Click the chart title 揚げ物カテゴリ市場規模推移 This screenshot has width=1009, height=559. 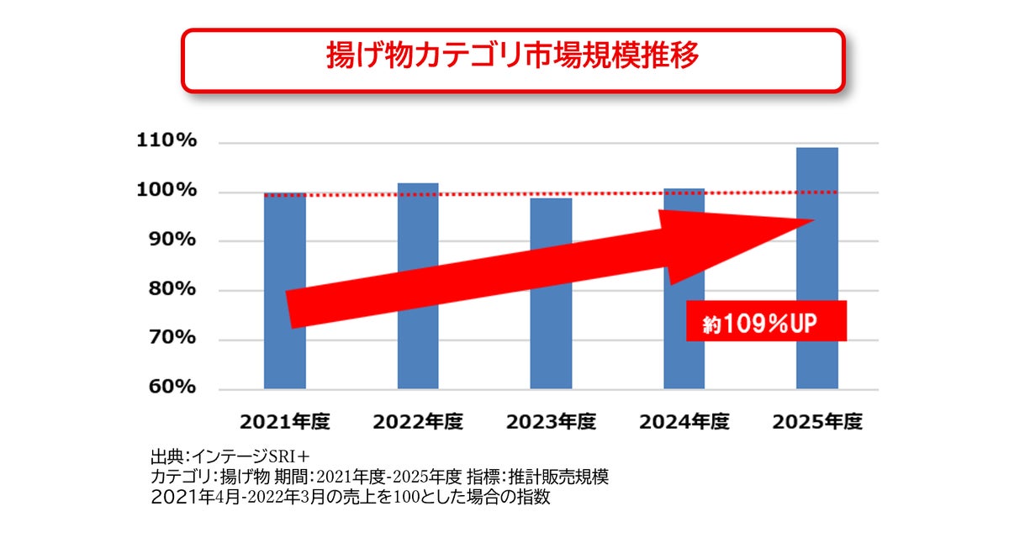512,55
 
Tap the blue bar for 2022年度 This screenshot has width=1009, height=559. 418,286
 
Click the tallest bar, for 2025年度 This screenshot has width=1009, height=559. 817,268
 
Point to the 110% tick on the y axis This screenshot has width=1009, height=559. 166,140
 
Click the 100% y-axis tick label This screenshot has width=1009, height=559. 166,190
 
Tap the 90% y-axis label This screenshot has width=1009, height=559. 172,239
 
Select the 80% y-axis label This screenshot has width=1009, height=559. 172,288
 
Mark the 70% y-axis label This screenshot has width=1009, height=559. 172,337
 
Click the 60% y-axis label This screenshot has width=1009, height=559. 172,387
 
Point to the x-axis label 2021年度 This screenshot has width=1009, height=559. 285,422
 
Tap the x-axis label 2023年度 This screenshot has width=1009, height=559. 551,422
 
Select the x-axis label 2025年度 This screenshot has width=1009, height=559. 817,422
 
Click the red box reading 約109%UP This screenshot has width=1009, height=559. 766,321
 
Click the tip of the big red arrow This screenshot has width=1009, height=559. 814,220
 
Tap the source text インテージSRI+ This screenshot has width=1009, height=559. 251,456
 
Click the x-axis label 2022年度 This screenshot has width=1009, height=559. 418,422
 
